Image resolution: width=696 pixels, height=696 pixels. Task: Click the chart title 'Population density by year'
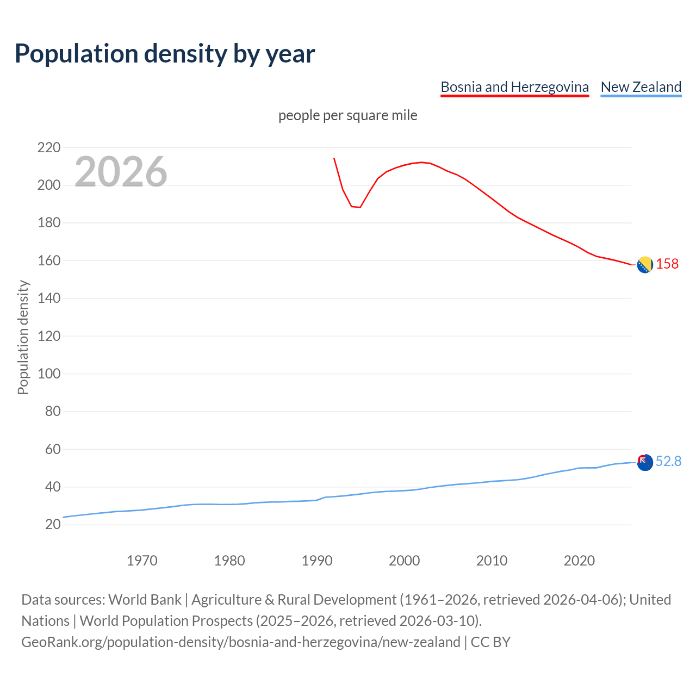165,53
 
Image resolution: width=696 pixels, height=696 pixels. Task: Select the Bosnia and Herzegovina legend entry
514,87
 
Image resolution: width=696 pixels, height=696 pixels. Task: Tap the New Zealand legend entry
641,87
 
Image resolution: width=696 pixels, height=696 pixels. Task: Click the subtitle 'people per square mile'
348,116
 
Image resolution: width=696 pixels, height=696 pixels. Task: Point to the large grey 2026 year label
121,172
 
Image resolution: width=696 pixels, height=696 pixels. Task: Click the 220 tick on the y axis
49,147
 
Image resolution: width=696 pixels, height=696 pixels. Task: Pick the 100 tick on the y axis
49,374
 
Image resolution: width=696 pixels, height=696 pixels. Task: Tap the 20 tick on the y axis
53,524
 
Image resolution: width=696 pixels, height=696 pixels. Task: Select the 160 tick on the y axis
49,260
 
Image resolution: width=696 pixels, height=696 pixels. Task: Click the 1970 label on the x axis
142,561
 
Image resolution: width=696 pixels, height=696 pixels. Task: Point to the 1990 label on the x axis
317,561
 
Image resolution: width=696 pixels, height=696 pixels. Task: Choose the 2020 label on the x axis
579,561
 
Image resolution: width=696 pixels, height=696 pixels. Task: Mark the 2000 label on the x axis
404,561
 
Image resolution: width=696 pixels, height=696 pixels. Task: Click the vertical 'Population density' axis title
23,337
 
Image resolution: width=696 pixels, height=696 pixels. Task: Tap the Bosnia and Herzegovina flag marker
645,265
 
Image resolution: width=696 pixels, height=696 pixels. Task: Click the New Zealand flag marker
645,462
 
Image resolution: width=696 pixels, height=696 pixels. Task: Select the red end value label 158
667,264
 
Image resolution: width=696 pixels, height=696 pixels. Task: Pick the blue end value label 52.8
668,462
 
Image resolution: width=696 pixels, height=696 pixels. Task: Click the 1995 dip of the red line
360,207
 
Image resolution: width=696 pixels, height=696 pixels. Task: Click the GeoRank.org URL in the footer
241,642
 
